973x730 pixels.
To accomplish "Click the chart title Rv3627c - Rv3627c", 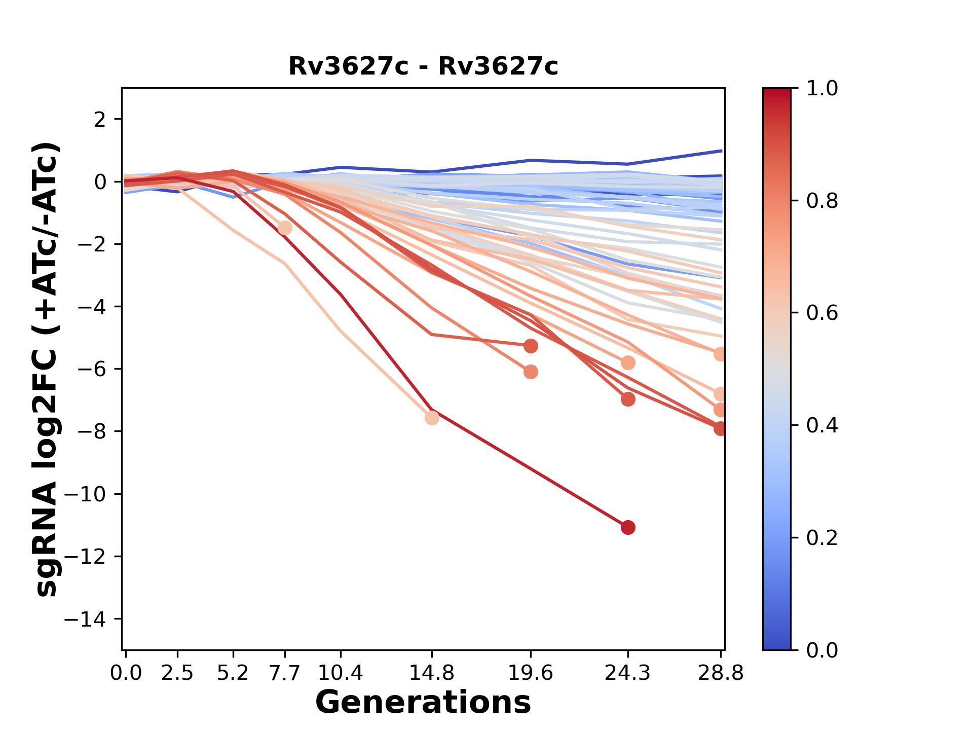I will (423, 66).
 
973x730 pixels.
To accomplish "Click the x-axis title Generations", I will (423, 703).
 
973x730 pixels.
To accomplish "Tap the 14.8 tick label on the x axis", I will (432, 673).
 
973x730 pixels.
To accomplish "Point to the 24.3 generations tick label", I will (628, 673).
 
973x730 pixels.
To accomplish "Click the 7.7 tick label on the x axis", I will (285, 673).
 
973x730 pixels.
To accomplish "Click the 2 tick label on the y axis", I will (100, 120).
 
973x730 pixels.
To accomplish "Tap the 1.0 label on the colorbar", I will (822, 89).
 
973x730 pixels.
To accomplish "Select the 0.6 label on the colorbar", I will (822, 313).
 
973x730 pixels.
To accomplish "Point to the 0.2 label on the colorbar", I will (822, 538).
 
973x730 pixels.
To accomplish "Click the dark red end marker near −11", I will (628, 528).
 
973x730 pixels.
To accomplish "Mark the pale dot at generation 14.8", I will (432, 418).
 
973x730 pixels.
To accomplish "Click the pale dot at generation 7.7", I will (285, 228).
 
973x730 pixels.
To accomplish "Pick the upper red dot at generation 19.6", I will (531, 346).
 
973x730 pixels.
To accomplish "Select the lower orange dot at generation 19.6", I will (531, 372).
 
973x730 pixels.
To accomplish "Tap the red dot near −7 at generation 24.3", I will (628, 399).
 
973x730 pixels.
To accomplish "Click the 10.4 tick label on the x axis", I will (341, 673).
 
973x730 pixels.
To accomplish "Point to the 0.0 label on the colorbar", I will (822, 650).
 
